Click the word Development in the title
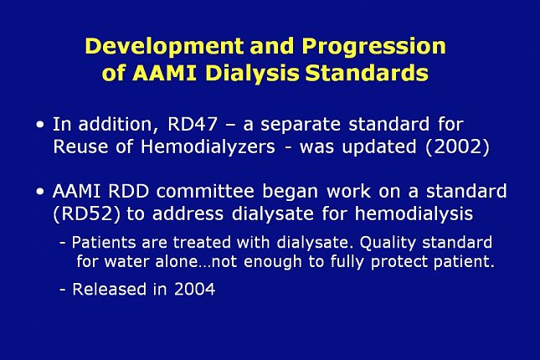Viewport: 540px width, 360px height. [165, 46]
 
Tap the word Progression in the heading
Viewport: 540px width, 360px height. [373, 46]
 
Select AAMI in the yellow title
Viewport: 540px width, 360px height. [165, 73]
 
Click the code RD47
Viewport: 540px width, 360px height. [193, 124]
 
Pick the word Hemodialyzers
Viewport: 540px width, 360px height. [208, 147]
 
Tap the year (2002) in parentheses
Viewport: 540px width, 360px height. [457, 147]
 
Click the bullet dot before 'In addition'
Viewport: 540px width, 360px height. [40, 125]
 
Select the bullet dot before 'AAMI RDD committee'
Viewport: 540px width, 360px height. [40, 191]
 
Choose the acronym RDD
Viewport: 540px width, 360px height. [128, 191]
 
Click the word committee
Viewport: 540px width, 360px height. [205, 191]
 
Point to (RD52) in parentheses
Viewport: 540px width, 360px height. [87, 214]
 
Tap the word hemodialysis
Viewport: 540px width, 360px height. [414, 214]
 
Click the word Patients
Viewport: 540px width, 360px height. [104, 243]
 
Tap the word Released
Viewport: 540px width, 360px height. [109, 289]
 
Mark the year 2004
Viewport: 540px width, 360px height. [194, 289]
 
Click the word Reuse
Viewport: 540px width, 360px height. [80, 147]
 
